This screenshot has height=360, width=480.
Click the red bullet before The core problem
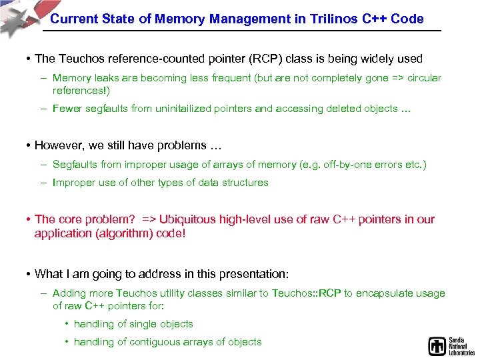(29, 219)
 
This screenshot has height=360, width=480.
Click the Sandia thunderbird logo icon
(437, 346)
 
